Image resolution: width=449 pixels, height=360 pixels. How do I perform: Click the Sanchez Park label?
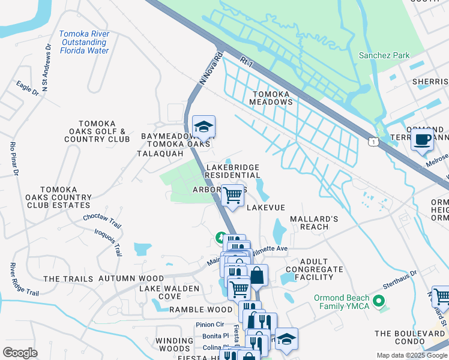click(384, 56)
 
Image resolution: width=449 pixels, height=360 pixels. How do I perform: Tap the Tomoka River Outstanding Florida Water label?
click(84, 43)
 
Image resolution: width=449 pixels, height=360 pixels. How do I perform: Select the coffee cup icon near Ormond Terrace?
click(422, 140)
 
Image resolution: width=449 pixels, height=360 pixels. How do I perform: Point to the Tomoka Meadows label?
click(271, 98)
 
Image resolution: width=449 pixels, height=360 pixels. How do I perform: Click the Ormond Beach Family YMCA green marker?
click(378, 300)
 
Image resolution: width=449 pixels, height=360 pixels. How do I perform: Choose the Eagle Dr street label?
click(28, 89)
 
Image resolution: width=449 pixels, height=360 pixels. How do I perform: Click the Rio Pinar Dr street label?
click(13, 159)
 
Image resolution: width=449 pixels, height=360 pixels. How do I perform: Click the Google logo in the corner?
click(20, 353)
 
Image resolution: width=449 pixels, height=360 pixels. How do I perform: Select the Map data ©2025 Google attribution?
click(411, 355)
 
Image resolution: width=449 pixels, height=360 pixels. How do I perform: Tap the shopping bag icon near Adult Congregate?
click(258, 275)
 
